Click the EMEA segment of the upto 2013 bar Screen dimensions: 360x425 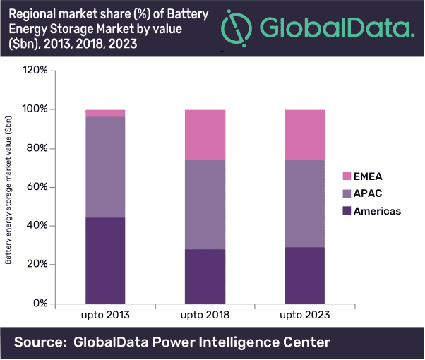pyautogui.click(x=105, y=113)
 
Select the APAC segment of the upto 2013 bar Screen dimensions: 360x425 pyautogui.click(x=105, y=167)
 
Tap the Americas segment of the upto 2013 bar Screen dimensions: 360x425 pyautogui.click(x=105, y=260)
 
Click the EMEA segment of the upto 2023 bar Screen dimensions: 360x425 pyautogui.click(x=304, y=135)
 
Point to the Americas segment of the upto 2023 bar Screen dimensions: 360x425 pyautogui.click(x=304, y=275)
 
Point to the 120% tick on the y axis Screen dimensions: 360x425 pyautogui.click(x=35, y=71)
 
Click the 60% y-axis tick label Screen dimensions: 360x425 pyautogui.click(x=37, y=187)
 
